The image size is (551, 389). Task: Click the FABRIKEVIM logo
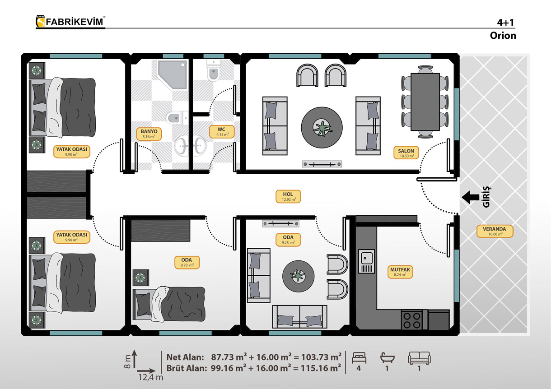point(70,22)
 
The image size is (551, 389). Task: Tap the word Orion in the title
point(503,36)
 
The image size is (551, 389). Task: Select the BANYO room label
point(149,134)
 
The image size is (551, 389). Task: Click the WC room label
point(222,132)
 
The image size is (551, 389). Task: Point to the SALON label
point(406,153)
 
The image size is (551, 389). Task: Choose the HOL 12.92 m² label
point(288,196)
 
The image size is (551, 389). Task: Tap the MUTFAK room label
point(400,272)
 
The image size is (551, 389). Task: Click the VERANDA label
point(495,231)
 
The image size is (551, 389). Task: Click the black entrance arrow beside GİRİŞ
point(470,197)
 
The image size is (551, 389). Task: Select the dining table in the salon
point(425,102)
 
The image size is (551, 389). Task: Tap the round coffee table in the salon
point(322,127)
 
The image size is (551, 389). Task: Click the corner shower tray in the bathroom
point(172,75)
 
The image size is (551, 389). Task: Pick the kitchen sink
point(367,261)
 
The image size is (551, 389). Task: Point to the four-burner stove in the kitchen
point(412,320)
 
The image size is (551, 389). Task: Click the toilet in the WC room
point(213,70)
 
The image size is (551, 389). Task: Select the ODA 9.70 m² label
point(187,262)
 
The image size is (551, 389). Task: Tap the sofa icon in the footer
point(419,358)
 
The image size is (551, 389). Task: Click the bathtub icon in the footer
point(388,358)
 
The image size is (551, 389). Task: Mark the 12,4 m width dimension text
point(150,377)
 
